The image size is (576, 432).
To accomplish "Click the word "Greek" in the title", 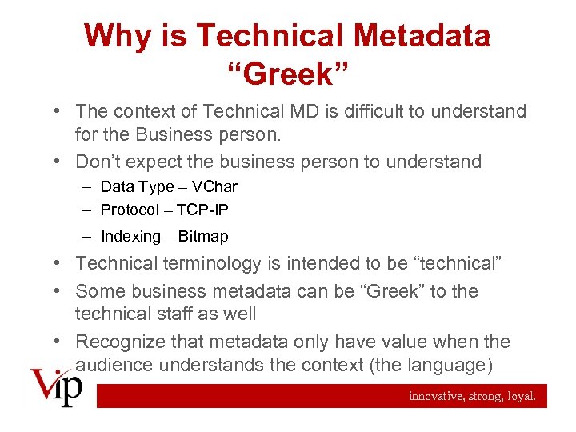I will click(288, 74).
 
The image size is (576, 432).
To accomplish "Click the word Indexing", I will click(130, 236).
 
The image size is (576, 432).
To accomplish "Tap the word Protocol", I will click(130, 210).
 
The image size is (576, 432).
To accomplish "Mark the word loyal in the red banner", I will click(522, 396).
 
